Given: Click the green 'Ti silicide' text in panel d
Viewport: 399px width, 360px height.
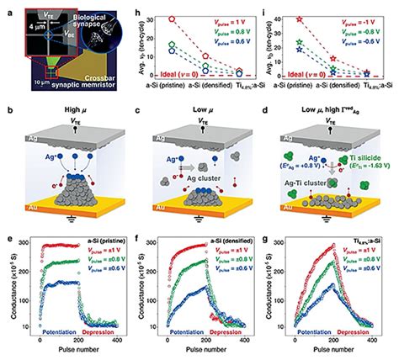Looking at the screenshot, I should [x=348, y=163].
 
